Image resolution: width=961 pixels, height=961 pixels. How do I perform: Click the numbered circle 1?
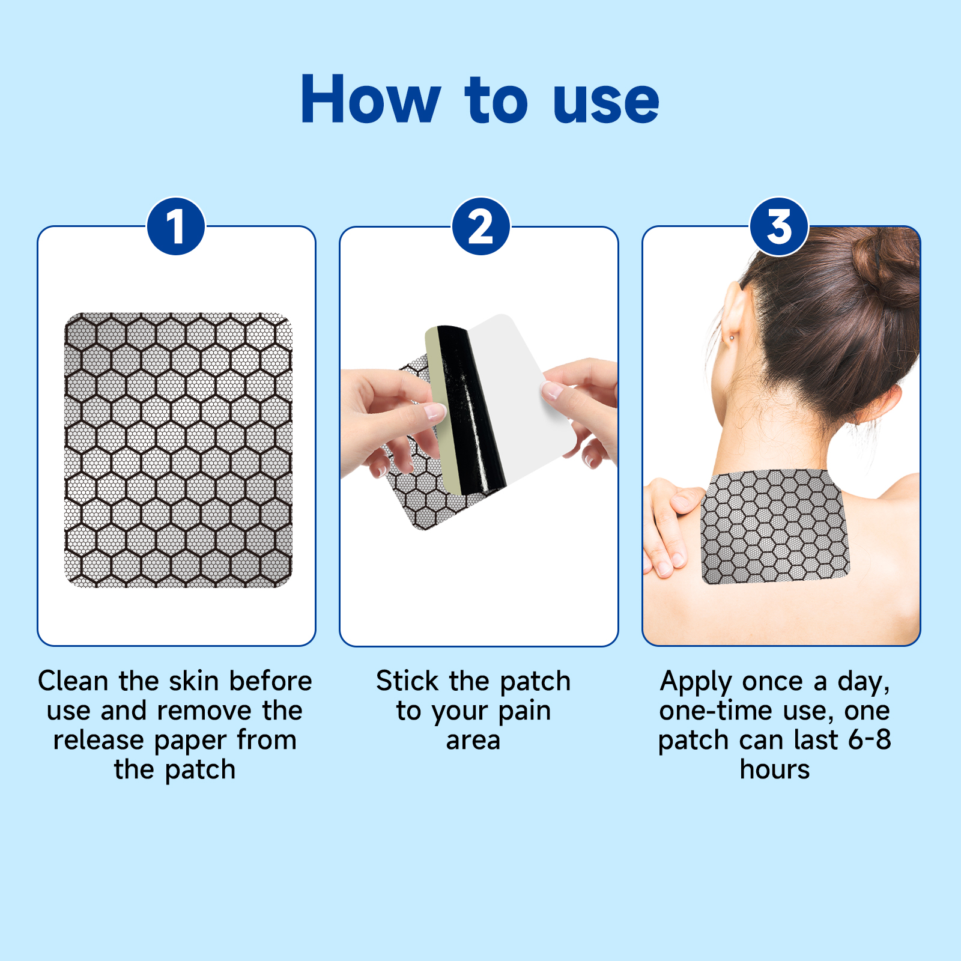point(176,227)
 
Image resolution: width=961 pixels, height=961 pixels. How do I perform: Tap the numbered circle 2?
point(480,227)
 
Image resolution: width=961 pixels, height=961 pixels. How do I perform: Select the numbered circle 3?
point(779,227)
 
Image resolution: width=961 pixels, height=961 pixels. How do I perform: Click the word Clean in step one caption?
point(73,681)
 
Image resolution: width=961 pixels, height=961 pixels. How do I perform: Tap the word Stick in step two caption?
point(407,681)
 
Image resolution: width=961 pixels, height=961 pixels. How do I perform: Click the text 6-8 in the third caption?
point(869,739)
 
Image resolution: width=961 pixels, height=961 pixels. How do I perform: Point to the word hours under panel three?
point(774,769)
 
